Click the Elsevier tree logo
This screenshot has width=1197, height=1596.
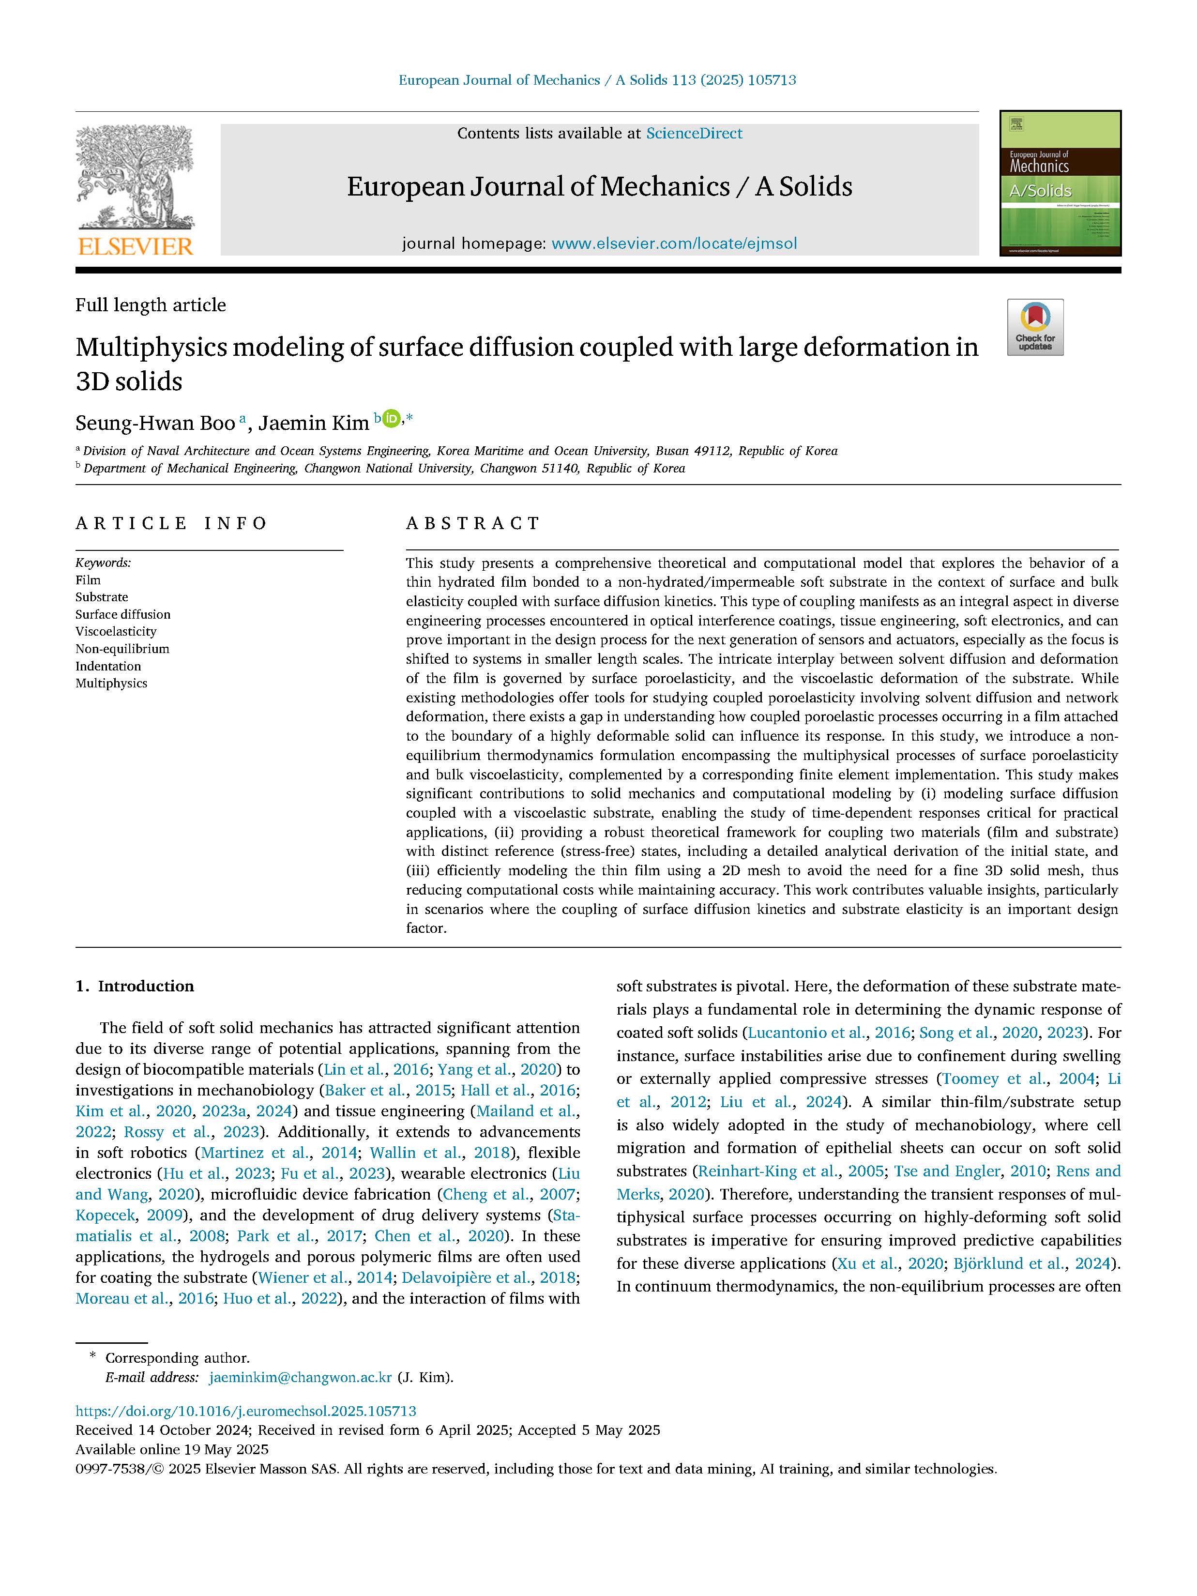[135, 177]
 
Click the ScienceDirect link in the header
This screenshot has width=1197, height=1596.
[694, 134]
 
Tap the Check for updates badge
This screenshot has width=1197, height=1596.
[1035, 327]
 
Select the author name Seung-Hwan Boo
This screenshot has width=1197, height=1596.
[155, 423]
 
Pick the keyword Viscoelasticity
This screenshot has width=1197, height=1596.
[116, 631]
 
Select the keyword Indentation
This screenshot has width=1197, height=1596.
[108, 666]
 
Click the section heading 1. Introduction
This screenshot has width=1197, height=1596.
[135, 987]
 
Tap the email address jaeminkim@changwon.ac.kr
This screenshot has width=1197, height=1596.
[300, 1377]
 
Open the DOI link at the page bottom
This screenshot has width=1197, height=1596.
[246, 1411]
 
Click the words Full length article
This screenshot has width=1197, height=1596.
[151, 305]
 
